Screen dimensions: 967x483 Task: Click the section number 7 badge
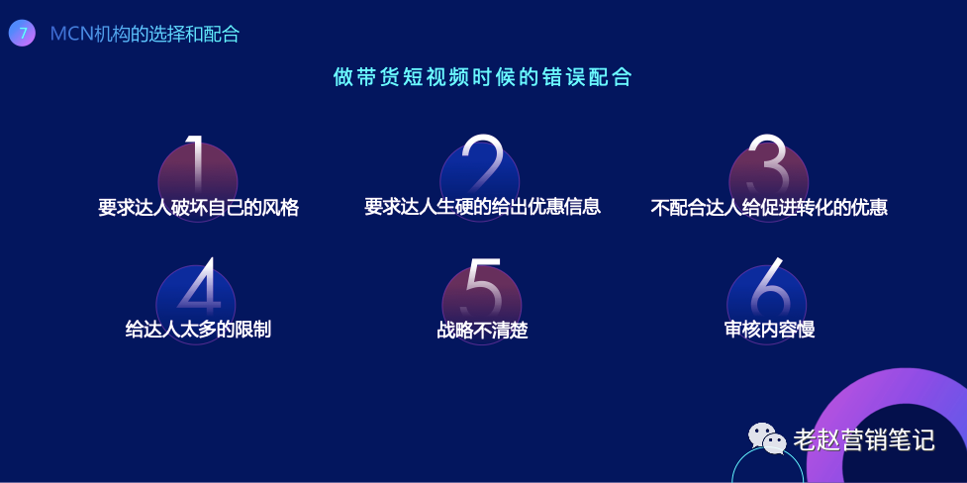click(22, 34)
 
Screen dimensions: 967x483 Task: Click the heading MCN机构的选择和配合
click(145, 34)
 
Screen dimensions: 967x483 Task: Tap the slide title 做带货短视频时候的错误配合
click(483, 77)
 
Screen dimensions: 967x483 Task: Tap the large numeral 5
click(483, 286)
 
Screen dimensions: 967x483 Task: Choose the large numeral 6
click(770, 286)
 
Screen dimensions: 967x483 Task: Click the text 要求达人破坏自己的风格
click(199, 207)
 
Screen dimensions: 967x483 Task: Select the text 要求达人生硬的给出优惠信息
click(482, 206)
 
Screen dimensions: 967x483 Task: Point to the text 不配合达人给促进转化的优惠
click(769, 207)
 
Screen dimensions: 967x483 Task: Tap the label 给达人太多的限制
click(198, 329)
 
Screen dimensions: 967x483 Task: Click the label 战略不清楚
click(482, 330)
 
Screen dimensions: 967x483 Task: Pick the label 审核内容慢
click(770, 329)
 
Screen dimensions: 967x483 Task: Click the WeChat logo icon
click(767, 438)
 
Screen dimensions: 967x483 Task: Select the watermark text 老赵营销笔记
click(864, 439)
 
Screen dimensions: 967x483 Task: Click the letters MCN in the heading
click(71, 34)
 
